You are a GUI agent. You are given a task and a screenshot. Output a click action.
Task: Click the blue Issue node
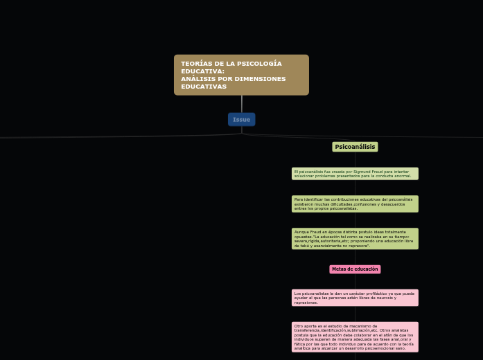point(241,120)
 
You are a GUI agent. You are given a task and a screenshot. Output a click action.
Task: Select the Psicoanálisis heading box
point(355,147)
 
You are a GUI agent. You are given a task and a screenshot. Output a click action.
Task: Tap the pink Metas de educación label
point(355,269)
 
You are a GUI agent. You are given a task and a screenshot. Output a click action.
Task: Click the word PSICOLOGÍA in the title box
point(259,64)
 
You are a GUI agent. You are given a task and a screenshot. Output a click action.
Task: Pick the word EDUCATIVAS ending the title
point(204,87)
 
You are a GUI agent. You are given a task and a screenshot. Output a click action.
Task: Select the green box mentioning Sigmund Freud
point(355,174)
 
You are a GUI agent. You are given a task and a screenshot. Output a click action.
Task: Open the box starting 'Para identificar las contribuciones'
point(355,204)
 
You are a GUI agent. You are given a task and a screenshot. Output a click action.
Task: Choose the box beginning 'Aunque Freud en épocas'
point(355,238)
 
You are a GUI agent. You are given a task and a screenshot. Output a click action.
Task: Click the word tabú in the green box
point(298,246)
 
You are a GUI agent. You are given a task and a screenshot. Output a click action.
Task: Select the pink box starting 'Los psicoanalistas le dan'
point(355,298)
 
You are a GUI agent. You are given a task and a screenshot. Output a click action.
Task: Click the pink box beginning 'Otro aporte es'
point(355,337)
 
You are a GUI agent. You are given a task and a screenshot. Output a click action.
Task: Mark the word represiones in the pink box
point(306,303)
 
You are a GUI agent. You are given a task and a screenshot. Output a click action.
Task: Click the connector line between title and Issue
point(241,104)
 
